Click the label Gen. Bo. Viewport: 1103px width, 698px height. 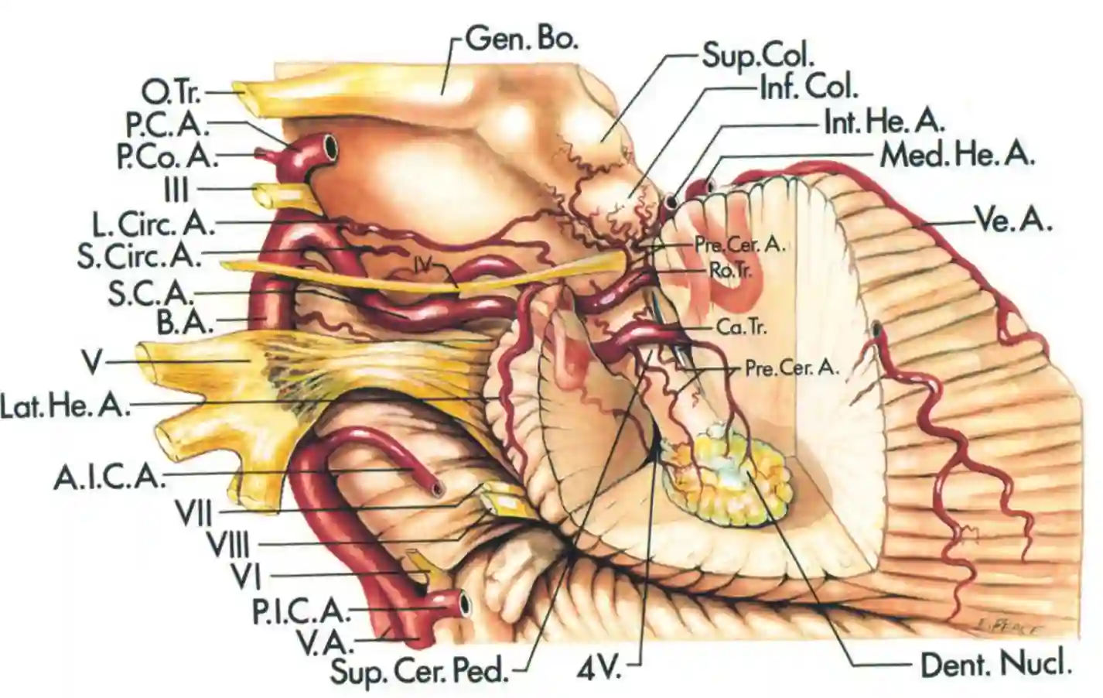522,40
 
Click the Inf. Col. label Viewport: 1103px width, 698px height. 808,87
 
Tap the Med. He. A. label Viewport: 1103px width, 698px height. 958,155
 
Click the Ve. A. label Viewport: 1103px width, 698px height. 1013,222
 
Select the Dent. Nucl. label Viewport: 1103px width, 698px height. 996,663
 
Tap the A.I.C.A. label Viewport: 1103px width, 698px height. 110,478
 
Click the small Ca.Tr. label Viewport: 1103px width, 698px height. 741,327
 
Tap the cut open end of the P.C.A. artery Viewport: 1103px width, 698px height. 330,145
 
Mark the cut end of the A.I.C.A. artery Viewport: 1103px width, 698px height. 438,488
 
